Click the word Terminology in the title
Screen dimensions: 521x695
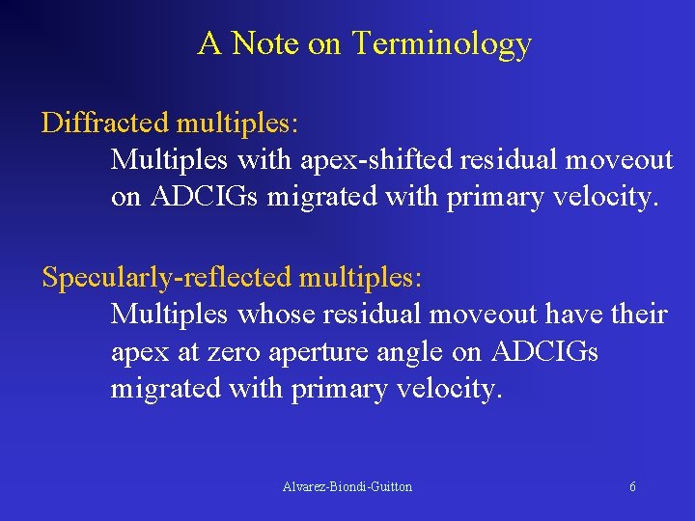point(441,44)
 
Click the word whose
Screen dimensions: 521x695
point(278,315)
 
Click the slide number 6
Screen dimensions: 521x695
point(632,487)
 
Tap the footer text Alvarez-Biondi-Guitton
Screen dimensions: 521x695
point(347,487)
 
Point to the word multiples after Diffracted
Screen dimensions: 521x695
point(236,123)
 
